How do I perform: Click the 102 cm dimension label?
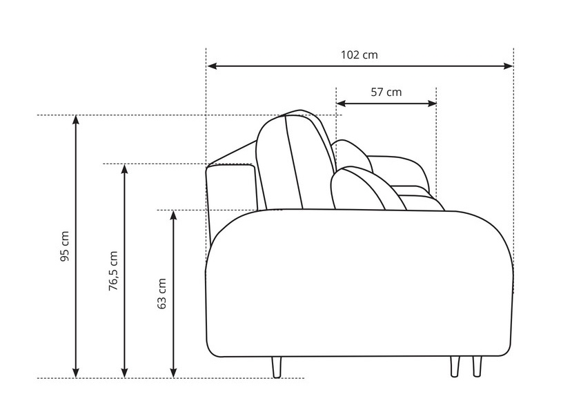pos(359,55)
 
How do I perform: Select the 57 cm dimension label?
pos(386,92)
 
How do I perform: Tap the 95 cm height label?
pos(64,246)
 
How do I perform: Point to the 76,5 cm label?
pos(113,270)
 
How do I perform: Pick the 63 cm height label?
pos(161,293)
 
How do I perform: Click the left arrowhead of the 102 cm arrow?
pos(212,66)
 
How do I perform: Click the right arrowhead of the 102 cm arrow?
pos(508,66)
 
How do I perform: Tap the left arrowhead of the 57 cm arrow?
pos(342,103)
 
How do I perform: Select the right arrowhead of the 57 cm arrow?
pos(432,103)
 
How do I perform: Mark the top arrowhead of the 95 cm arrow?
pos(76,120)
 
